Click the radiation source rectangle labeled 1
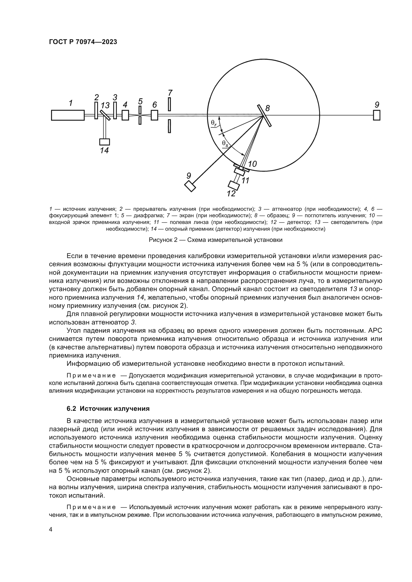tap(68, 115)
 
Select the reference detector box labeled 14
tap(105, 142)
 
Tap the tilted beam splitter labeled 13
tap(105, 115)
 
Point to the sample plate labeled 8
tap(264, 115)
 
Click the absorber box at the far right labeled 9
tap(376, 115)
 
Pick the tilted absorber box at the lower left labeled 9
tap(190, 186)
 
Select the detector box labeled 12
tap(234, 185)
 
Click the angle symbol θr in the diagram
tap(214, 123)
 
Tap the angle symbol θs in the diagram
tap(225, 144)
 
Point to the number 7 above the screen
tap(170, 93)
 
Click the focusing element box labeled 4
tap(125, 115)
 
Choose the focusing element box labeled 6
tap(154, 115)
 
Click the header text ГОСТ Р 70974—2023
tap(83, 42)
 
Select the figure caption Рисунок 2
tap(215, 240)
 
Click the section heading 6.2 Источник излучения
tap(108, 409)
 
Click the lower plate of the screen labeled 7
tap(169, 126)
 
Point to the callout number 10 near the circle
tap(252, 164)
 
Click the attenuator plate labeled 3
tap(115, 110)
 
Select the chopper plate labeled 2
tap(96, 110)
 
